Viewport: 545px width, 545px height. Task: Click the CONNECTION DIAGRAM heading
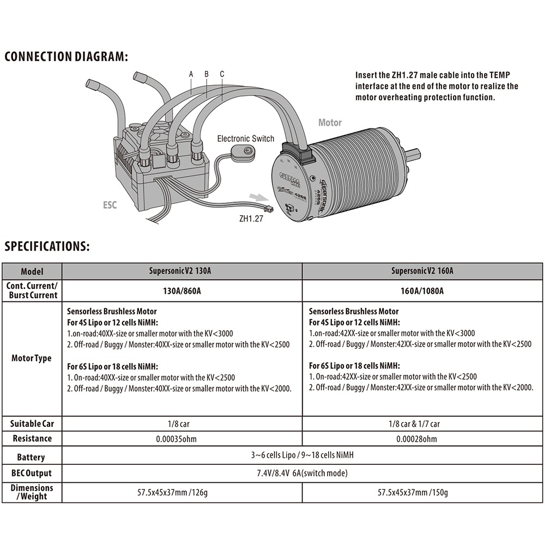click(66, 57)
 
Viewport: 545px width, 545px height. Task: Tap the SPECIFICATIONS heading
click(47, 246)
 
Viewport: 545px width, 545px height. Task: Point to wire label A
click(191, 74)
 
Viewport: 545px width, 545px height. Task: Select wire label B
click(207, 74)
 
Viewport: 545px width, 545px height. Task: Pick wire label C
click(222, 74)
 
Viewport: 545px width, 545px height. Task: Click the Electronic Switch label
click(245, 138)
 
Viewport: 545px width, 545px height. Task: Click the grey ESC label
click(110, 205)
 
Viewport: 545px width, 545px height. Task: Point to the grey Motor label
click(330, 123)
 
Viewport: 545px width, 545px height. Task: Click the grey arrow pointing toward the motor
click(258, 196)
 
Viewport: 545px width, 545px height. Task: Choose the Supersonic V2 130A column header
click(181, 271)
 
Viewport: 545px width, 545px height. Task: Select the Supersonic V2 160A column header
click(422, 271)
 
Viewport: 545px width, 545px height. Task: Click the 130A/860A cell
click(182, 290)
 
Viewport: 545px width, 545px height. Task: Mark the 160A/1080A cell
click(423, 290)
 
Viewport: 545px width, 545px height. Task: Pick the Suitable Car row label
click(32, 423)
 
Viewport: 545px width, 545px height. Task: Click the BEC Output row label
click(32, 473)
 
